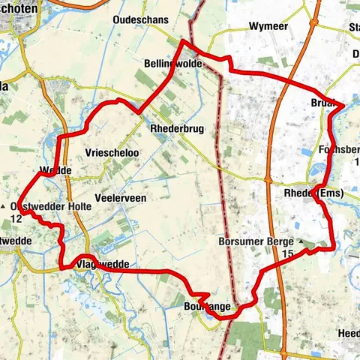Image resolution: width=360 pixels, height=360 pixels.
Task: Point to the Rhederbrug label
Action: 178,129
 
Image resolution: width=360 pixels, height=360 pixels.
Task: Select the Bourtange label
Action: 205,307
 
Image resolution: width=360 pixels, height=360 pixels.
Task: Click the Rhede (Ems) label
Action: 314,193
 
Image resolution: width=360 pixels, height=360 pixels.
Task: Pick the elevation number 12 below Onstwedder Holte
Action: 16,219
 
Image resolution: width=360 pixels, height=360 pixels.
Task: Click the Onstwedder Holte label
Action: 44,206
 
